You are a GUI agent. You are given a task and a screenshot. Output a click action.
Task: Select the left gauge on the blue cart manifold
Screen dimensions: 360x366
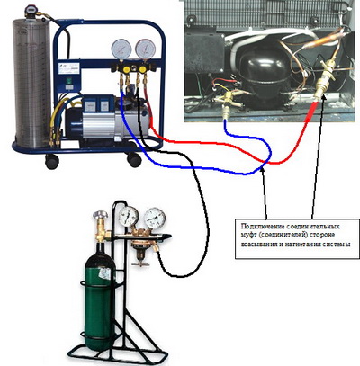point(121,49)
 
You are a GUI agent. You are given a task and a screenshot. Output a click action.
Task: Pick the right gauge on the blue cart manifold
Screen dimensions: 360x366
point(145,49)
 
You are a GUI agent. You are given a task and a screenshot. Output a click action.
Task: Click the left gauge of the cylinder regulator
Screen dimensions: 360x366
point(129,216)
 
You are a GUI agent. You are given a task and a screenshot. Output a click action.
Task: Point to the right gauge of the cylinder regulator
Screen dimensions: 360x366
point(155,219)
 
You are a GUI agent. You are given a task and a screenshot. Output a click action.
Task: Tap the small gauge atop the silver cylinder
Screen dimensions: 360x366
point(31,10)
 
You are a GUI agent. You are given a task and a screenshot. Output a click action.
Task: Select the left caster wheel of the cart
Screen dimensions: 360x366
point(52,162)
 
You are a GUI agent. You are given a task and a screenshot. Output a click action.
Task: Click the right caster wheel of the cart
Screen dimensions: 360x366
point(134,159)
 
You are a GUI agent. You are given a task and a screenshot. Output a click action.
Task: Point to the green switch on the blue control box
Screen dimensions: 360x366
point(69,80)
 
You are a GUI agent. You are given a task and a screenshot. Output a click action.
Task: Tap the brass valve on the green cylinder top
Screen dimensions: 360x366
point(101,227)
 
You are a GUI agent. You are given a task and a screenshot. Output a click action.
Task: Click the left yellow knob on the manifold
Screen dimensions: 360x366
point(127,69)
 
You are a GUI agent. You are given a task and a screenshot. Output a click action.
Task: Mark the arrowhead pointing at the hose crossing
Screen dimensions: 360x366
point(263,170)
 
